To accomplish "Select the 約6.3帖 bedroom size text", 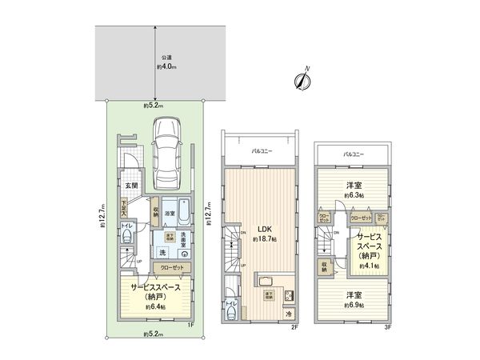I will pyautogui.click(x=353, y=195).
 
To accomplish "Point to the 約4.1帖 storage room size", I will pyautogui.click(x=369, y=266).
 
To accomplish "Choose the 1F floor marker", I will pyautogui.click(x=191, y=324).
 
